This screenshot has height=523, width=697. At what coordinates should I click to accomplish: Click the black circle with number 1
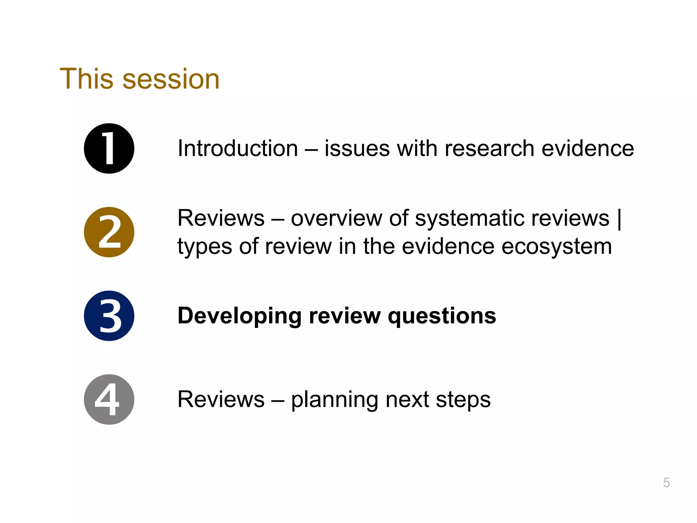coord(109,148)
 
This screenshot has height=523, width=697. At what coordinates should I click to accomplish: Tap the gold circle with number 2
coord(109,232)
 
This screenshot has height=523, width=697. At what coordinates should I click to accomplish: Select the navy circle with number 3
coord(109,316)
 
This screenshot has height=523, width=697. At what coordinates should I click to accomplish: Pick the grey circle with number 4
coord(109,399)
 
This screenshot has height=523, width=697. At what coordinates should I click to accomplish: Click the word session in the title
coord(171,79)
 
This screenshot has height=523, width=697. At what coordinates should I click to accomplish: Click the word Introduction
coord(238,148)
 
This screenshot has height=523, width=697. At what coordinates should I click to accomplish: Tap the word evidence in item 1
coord(588,148)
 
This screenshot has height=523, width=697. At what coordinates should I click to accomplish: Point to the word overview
coord(336,218)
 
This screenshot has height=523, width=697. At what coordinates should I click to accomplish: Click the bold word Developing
coord(239,316)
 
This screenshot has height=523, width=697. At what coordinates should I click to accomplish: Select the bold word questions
coord(442,316)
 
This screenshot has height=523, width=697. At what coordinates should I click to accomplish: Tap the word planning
coord(335,400)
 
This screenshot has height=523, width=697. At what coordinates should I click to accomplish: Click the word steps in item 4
coord(463,400)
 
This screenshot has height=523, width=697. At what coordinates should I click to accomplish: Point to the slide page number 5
coord(666,482)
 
